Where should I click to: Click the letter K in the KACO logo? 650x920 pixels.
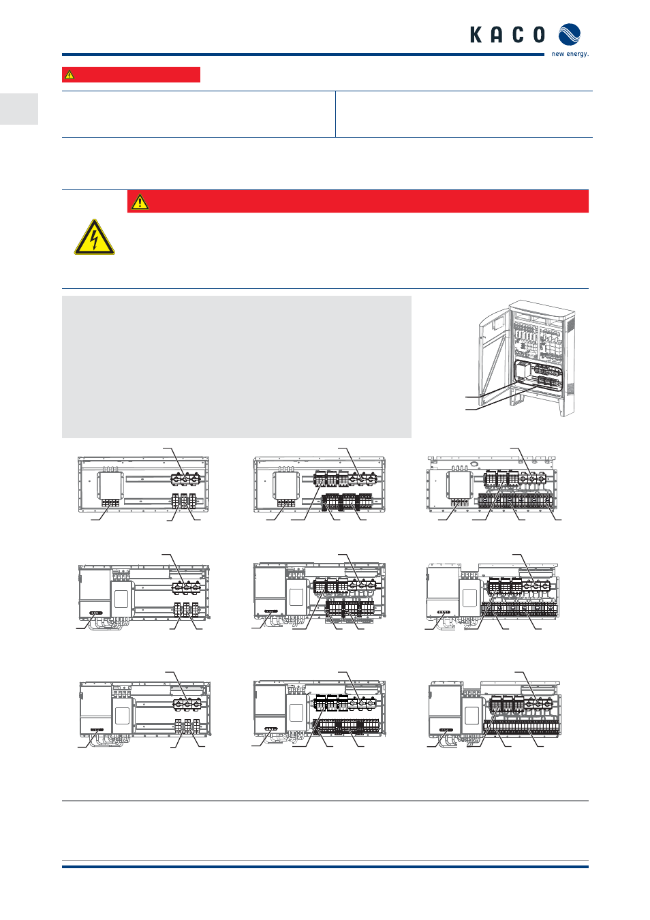pyautogui.click(x=476, y=35)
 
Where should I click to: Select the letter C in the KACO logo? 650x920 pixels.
pyautogui.click(x=519, y=35)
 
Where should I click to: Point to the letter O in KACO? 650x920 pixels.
pyautogui.click(x=539, y=35)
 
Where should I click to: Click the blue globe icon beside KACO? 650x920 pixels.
pyautogui.click(x=570, y=35)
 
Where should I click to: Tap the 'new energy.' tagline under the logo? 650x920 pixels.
pyautogui.click(x=570, y=54)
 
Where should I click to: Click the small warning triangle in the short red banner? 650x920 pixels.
pyautogui.click(x=69, y=75)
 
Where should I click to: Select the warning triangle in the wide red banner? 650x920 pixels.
pyautogui.click(x=140, y=202)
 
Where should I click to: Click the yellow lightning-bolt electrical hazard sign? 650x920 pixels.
pyautogui.click(x=95, y=237)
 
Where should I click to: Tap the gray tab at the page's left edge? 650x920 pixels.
pyautogui.click(x=19, y=109)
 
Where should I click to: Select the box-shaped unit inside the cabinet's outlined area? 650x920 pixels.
pyautogui.click(x=523, y=371)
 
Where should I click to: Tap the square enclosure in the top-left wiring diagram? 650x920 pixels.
pyautogui.click(x=110, y=486)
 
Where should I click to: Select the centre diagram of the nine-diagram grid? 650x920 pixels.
pyautogui.click(x=320, y=591)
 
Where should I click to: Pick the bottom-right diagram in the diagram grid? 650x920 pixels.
pyautogui.click(x=495, y=709)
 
